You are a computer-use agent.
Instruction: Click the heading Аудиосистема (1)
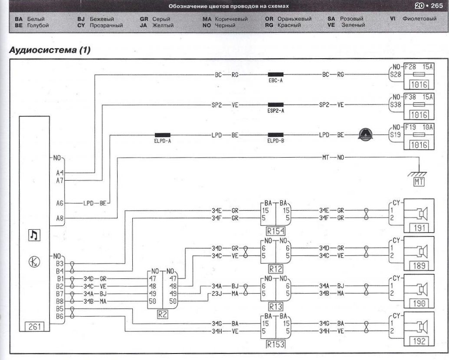pos(49,50)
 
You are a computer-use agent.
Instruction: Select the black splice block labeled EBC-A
pos(275,75)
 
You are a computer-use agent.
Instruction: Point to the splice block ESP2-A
pos(275,105)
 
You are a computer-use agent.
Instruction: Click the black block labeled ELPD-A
pos(162,135)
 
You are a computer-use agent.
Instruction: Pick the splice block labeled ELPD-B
pos(275,135)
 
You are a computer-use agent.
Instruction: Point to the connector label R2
pos(162,314)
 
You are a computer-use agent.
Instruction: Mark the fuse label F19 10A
pos(419,128)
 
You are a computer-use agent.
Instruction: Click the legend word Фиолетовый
pos(419,20)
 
